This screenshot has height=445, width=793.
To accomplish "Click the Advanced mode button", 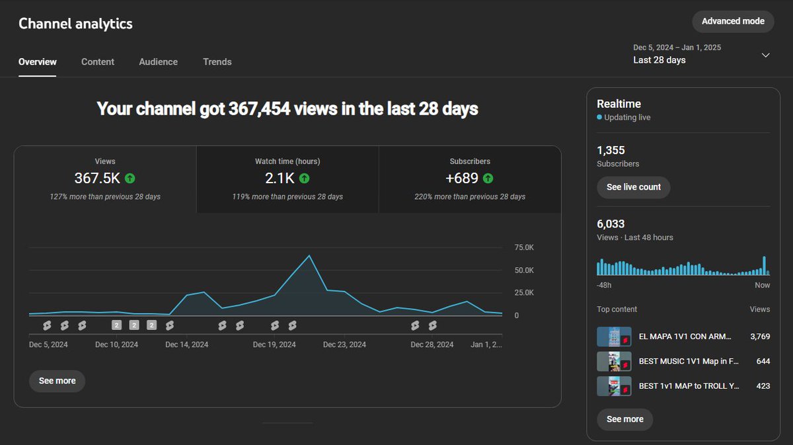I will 733,21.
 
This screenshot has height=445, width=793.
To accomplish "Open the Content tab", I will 98,61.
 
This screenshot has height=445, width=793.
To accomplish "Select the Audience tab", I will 158,61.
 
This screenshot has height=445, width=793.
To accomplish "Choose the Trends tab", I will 217,61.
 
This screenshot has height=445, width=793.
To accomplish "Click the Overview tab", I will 38,61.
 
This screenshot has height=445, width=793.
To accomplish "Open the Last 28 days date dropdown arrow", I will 765,55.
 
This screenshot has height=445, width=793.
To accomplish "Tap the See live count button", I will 633,187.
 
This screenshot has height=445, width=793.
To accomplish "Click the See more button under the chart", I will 57,381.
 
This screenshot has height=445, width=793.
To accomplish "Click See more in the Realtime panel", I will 624,419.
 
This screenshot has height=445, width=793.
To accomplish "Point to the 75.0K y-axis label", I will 524,247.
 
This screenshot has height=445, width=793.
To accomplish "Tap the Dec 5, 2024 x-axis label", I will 48,344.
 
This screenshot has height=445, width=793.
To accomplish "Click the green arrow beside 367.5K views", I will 130,178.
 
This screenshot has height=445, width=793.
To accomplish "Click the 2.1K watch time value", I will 280,178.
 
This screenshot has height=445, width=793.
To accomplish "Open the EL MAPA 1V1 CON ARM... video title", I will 685,336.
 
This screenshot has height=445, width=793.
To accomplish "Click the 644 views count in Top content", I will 763,361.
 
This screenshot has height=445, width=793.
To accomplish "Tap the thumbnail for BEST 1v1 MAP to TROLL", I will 614,386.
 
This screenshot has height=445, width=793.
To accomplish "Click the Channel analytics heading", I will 75,24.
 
